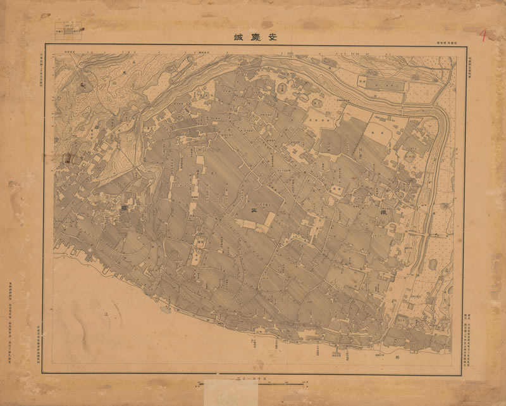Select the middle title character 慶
tap(253, 37)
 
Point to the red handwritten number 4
tap(483, 35)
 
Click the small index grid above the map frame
tap(69, 29)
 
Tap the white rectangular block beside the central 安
tap(269, 219)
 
